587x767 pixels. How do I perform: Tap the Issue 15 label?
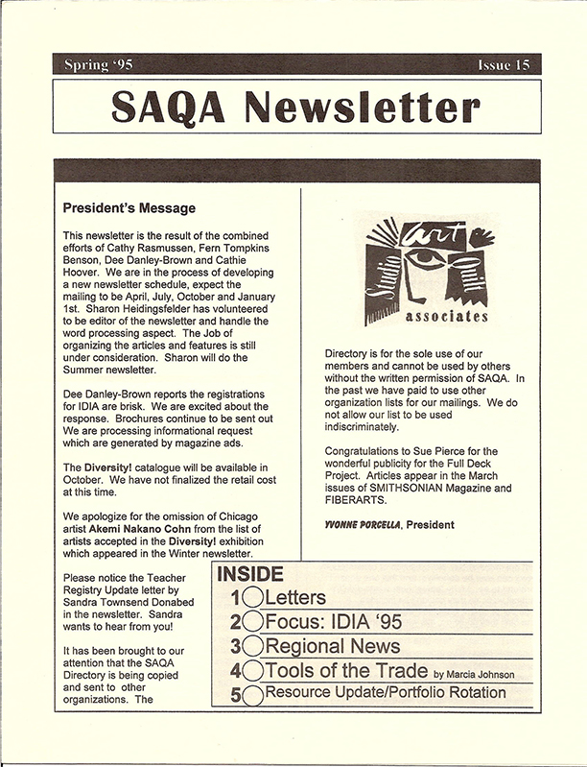click(x=501, y=65)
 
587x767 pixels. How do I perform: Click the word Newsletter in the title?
click(x=364, y=108)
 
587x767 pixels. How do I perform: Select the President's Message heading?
click(x=129, y=207)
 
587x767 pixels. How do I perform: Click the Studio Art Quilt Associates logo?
click(x=426, y=269)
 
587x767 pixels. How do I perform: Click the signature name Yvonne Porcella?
click(x=364, y=524)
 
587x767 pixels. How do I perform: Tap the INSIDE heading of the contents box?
click(x=250, y=576)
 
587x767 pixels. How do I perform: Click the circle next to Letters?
click(x=252, y=599)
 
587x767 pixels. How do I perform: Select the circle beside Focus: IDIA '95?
click(x=252, y=622)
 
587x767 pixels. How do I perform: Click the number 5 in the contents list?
click(x=236, y=693)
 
